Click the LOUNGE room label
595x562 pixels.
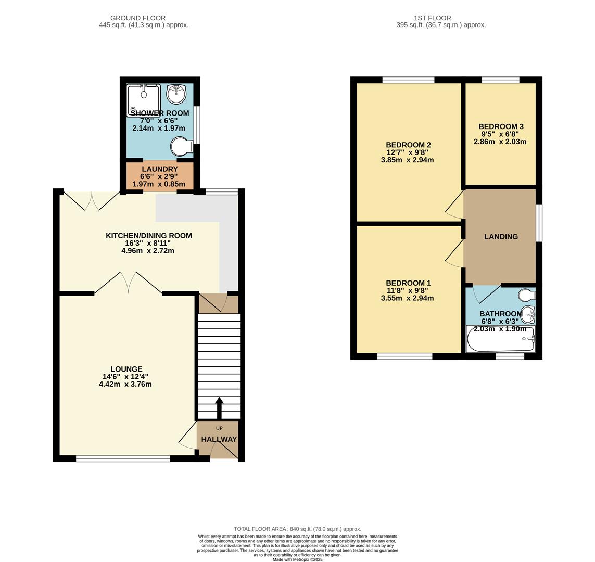pyautogui.click(x=126, y=369)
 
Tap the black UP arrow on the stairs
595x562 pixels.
pyautogui.click(x=219, y=407)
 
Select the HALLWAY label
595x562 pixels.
pyautogui.click(x=219, y=439)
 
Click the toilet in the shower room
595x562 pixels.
pyautogui.click(x=180, y=146)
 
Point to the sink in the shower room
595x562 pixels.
pyautogui.click(x=176, y=94)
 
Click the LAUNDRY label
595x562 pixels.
pyautogui.click(x=160, y=169)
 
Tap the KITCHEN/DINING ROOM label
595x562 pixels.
pyautogui.click(x=149, y=236)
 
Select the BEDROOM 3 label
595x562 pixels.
pyautogui.click(x=501, y=126)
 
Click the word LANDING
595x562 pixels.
pyautogui.click(x=501, y=237)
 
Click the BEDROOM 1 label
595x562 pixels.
pyautogui.click(x=408, y=283)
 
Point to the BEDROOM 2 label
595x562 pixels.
pyautogui.click(x=408, y=145)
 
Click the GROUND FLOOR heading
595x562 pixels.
pyautogui.click(x=138, y=18)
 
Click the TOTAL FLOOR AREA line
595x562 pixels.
pyautogui.click(x=297, y=529)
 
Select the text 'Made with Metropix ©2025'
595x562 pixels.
pyautogui.click(x=297, y=559)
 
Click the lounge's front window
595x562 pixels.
pyautogui.click(x=123, y=458)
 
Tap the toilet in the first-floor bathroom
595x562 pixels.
pyautogui.click(x=527, y=296)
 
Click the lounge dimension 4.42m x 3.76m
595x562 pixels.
pyautogui.click(x=125, y=385)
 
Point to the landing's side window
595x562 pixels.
pyautogui.click(x=539, y=223)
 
